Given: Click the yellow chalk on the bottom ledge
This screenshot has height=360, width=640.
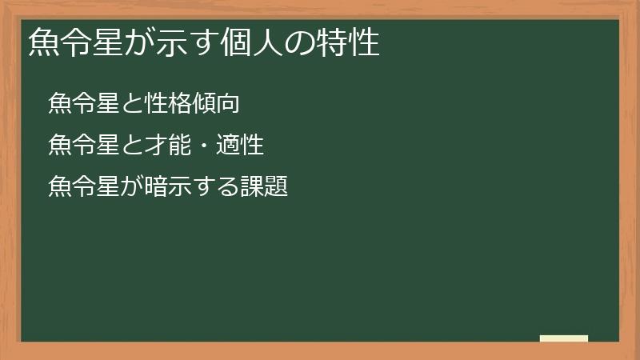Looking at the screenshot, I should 564,338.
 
